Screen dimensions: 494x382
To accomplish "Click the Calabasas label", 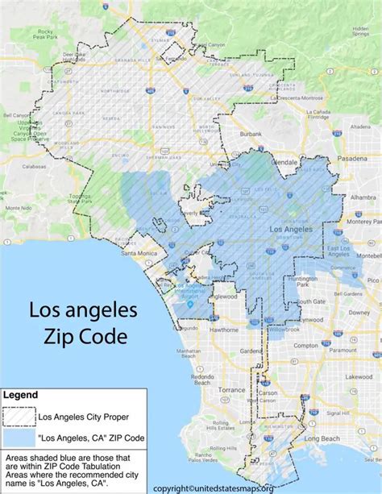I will (x=35, y=167).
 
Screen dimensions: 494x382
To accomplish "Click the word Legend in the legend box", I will (x=23, y=395).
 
